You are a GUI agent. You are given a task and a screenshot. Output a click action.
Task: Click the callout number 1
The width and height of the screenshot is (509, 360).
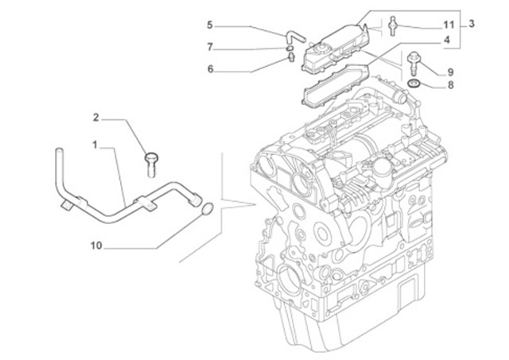pos(95,145)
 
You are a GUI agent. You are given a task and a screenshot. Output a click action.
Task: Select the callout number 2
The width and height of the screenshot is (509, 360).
pos(95,118)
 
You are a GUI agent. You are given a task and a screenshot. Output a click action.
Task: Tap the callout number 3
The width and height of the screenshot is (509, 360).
pos(472,24)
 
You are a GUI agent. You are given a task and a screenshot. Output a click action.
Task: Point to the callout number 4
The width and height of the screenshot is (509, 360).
pos(447,39)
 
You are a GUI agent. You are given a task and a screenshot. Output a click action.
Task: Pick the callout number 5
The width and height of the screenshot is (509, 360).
pos(210,25)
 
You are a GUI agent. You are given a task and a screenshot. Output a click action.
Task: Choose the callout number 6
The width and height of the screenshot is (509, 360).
pos(210,69)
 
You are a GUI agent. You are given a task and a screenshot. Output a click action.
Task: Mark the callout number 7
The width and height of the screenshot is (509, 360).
pos(210,46)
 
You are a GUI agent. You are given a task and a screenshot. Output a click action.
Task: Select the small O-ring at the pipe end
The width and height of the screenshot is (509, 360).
pos(205,209)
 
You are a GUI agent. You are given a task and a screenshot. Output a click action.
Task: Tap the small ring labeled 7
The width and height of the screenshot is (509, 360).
pos(282,47)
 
